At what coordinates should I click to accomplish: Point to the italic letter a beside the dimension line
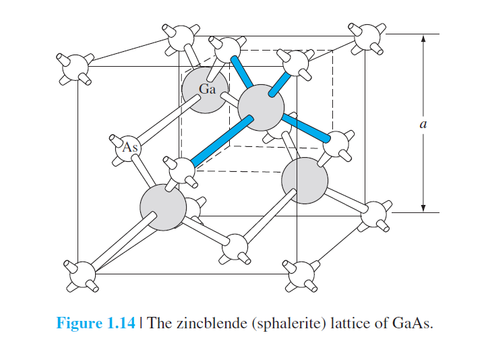click(x=423, y=124)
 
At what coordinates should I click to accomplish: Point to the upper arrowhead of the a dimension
click(x=423, y=39)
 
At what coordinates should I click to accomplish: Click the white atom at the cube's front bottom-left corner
click(x=81, y=274)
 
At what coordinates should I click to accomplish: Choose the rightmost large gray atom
click(x=305, y=181)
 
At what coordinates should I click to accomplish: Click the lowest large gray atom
click(x=163, y=208)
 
